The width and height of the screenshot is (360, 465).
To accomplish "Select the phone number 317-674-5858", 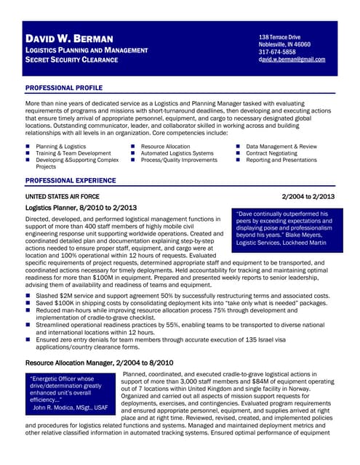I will [x=277, y=52].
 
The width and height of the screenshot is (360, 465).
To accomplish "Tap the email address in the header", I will [x=292, y=60].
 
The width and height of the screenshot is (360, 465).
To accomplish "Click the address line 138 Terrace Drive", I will [x=279, y=37].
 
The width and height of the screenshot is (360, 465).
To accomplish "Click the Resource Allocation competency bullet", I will [x=165, y=146].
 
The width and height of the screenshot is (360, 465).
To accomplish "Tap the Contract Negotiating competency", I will [x=276, y=153].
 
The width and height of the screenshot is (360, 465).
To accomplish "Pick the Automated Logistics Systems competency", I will [x=177, y=153].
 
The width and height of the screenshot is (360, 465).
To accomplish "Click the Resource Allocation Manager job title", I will [x=100, y=362].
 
